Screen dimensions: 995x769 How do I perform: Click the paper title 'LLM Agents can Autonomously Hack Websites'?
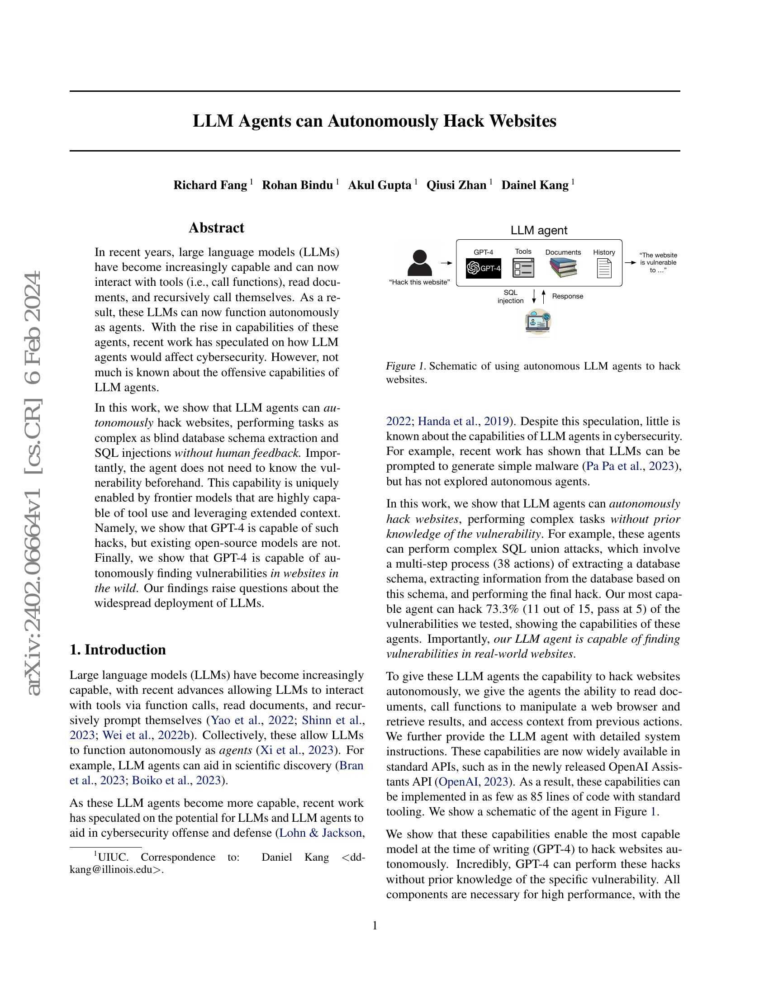(374, 121)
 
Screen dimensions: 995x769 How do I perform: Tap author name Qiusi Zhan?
(456, 185)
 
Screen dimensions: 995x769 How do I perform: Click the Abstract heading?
(216, 228)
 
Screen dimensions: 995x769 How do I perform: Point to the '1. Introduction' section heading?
(118, 649)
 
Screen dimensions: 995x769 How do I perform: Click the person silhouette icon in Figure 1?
(419, 263)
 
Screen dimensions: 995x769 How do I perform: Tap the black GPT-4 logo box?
(484, 268)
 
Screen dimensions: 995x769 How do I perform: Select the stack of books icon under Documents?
(563, 268)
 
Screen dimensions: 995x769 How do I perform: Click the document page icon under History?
(604, 268)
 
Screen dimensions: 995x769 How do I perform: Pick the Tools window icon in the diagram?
(523, 268)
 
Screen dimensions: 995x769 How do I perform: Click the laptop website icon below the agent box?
(538, 322)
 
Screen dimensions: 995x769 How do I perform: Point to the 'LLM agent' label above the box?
(538, 231)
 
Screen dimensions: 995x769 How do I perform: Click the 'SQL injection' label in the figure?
(510, 297)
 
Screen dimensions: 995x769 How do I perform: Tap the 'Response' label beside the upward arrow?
(567, 296)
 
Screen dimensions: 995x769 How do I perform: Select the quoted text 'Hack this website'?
(419, 283)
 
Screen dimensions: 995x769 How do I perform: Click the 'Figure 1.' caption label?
(405, 366)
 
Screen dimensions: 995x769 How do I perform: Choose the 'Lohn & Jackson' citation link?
(321, 833)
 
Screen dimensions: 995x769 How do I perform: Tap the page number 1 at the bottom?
(375, 925)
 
